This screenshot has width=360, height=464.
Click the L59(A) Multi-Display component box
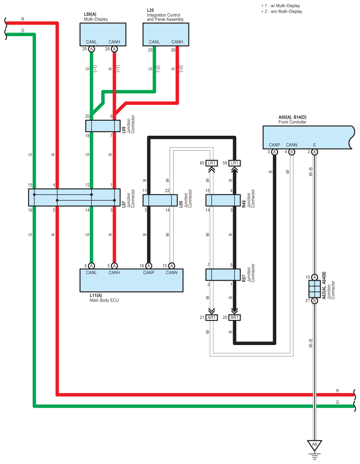[103, 34]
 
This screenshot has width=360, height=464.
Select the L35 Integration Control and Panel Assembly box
[166, 34]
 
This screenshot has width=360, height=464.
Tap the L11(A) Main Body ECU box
[131, 280]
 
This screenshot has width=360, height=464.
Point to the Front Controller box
[308, 137]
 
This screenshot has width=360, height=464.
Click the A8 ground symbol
[315, 445]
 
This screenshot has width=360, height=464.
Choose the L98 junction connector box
[103, 126]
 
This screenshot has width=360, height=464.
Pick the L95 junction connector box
[160, 200]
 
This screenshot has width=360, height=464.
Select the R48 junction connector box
[223, 200]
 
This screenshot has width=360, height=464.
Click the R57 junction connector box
[223, 275]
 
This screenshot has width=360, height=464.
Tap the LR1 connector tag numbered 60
[212, 163]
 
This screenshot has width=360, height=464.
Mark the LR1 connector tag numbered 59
[234, 163]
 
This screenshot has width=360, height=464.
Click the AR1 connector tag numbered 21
[212, 318]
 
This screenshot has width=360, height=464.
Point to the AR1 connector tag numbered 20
[234, 318]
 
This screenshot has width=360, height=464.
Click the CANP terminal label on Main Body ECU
[148, 273]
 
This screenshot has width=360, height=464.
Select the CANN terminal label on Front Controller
[291, 145]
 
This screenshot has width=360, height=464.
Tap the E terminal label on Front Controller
[314, 145]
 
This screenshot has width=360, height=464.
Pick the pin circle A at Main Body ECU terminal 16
[149, 266]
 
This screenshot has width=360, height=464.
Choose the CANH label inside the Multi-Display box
[114, 42]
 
